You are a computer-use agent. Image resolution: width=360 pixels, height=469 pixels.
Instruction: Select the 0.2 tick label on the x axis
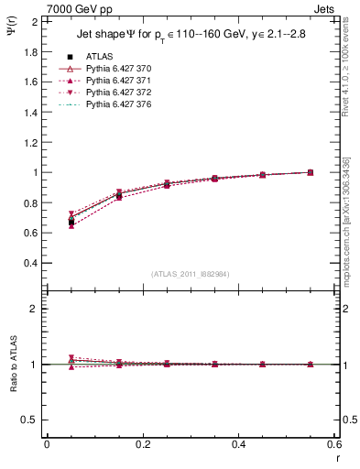(x=142, y=443)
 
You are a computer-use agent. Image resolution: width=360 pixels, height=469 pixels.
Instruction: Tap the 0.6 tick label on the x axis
(x=334, y=443)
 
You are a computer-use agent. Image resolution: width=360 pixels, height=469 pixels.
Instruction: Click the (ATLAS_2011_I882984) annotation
(x=191, y=274)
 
